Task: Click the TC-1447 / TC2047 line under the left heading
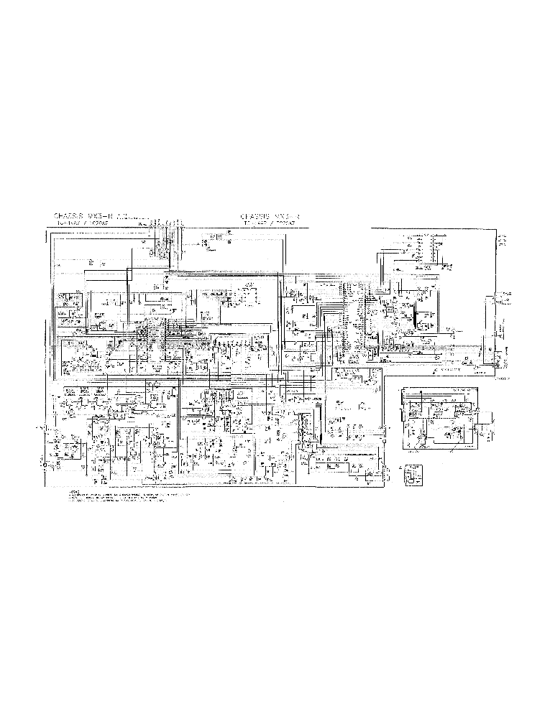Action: (80, 223)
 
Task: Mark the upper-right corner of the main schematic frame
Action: (496, 229)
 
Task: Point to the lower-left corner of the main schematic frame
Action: (50, 488)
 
